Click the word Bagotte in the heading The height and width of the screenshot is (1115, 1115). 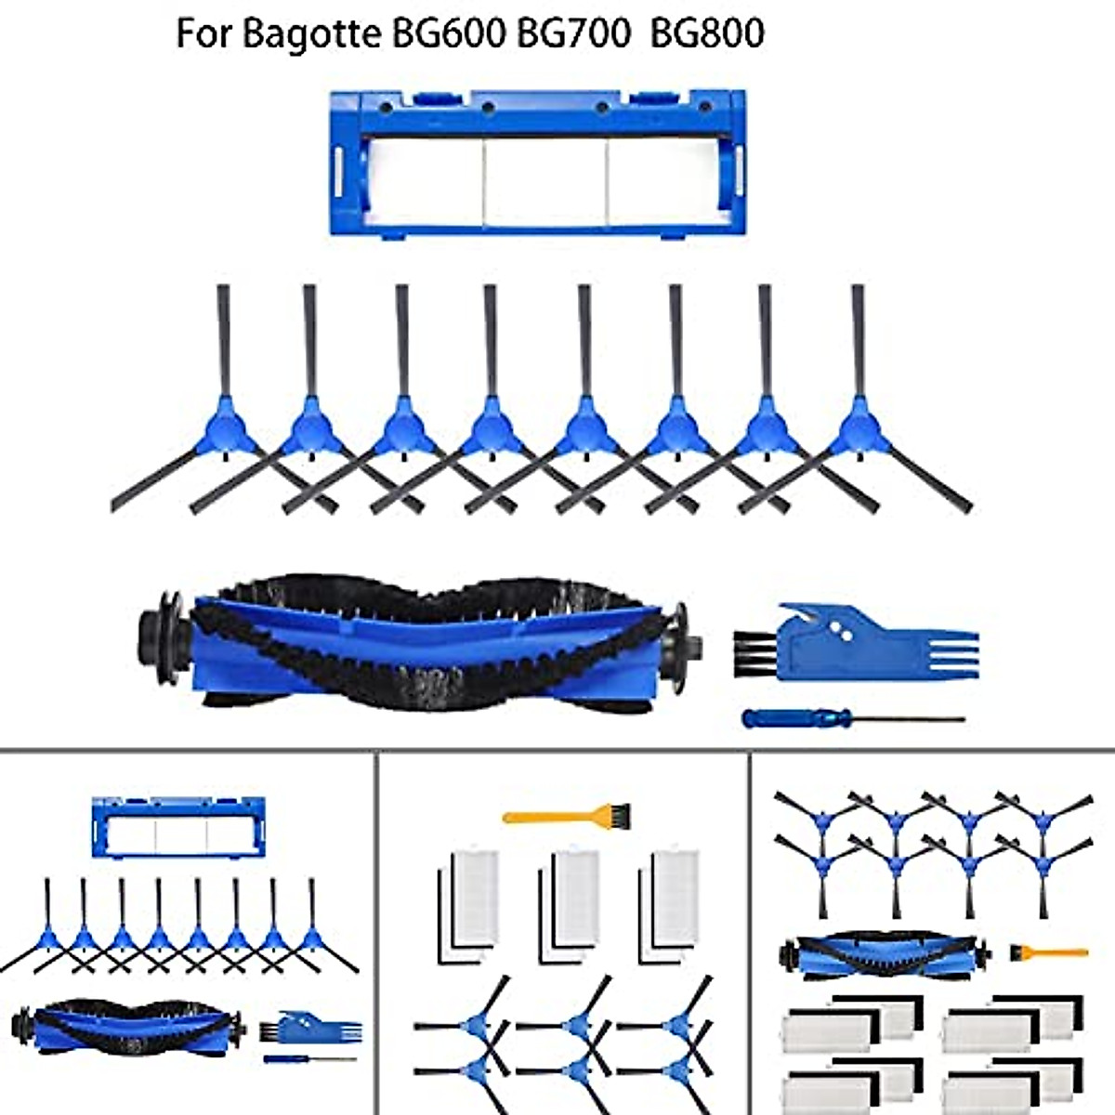click(x=310, y=33)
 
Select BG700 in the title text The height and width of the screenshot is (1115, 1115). click(x=575, y=33)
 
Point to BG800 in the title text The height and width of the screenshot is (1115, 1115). click(x=707, y=33)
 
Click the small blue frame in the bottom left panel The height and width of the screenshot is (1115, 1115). click(x=179, y=827)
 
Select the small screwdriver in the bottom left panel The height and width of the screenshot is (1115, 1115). click(x=309, y=1059)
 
